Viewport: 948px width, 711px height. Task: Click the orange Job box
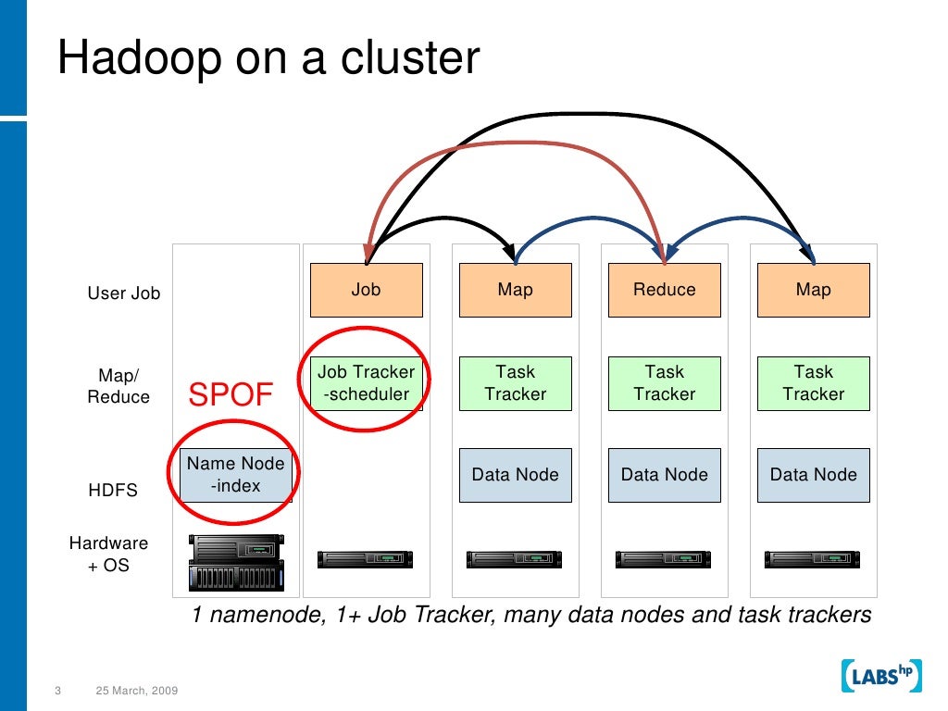pyautogui.click(x=366, y=290)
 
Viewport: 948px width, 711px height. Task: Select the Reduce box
pyautogui.click(x=664, y=290)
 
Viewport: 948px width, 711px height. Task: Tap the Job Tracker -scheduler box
pyautogui.click(x=366, y=383)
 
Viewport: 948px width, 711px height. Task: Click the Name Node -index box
pyautogui.click(x=236, y=475)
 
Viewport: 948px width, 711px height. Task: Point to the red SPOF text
pyautogui.click(x=231, y=396)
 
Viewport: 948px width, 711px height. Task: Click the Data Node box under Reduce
pyautogui.click(x=664, y=475)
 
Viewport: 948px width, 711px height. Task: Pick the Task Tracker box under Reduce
pyautogui.click(x=664, y=383)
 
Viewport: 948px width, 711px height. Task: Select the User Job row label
pyautogui.click(x=124, y=293)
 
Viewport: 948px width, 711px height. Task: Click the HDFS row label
pyautogui.click(x=113, y=491)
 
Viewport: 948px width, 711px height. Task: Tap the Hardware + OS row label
pyautogui.click(x=108, y=554)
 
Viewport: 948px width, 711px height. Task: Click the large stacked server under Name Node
pyautogui.click(x=236, y=562)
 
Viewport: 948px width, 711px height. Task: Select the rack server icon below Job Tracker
pyautogui.click(x=366, y=559)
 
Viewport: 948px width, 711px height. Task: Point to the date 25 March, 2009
pyautogui.click(x=137, y=692)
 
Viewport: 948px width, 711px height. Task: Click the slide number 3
pyautogui.click(x=57, y=692)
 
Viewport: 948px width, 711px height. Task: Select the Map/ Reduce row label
pyautogui.click(x=118, y=386)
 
